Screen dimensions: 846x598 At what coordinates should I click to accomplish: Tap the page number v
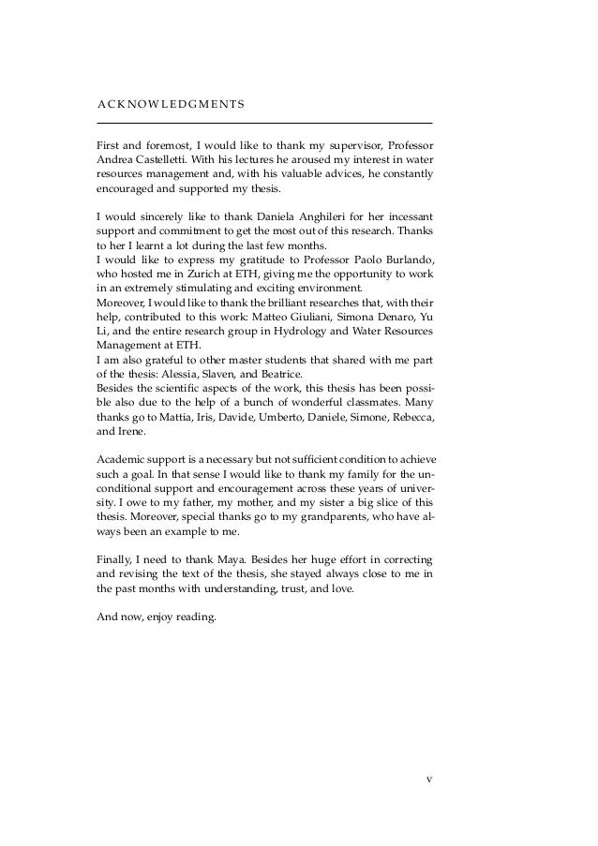428,778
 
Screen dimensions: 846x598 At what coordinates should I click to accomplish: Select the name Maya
220,564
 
